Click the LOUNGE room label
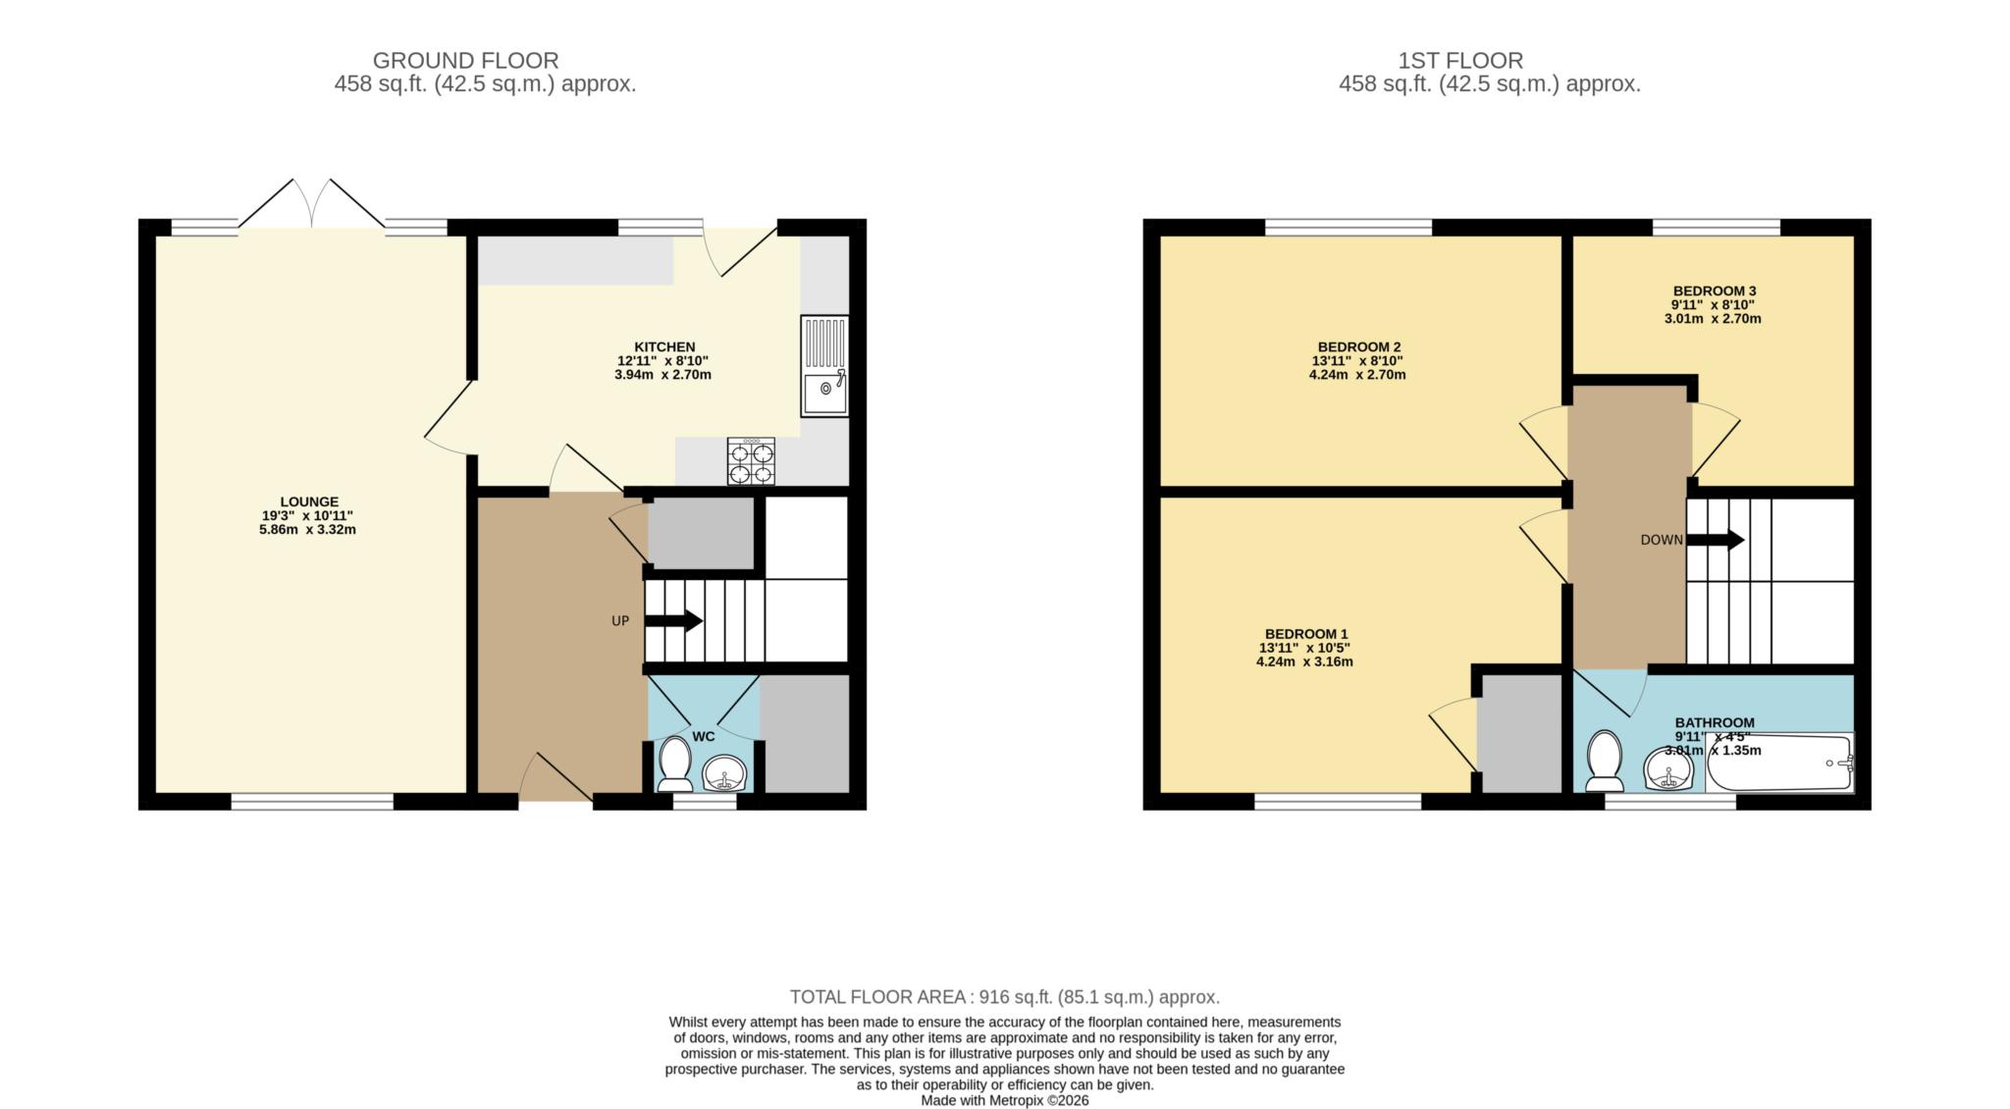(309, 502)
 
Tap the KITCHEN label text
(664, 346)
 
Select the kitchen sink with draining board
(824, 366)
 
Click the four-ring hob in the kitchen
(751, 461)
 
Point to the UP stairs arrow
(673, 621)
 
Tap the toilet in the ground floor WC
(674, 765)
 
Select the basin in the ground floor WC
(725, 773)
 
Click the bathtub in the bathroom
(1780, 763)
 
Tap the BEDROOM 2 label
(1358, 346)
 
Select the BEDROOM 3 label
(1714, 290)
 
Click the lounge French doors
(312, 203)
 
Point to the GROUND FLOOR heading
(465, 61)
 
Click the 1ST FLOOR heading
(1460, 61)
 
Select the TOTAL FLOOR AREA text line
(1005, 997)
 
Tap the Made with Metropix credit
(1005, 1101)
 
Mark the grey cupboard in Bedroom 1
(1519, 733)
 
